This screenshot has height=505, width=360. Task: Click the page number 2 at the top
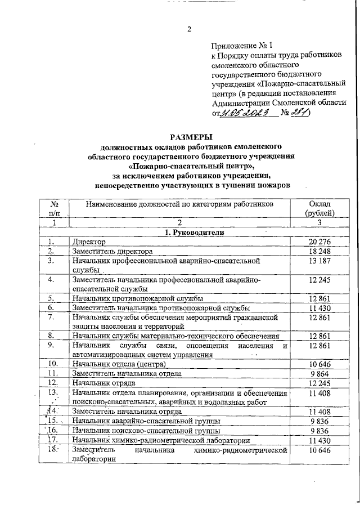click(x=190, y=30)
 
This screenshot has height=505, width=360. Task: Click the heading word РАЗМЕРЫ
click(x=191, y=137)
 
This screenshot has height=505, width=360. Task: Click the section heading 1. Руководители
click(x=192, y=232)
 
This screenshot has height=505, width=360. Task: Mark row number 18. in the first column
click(x=53, y=450)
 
